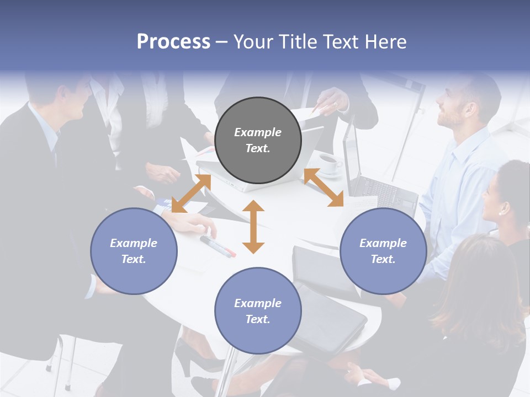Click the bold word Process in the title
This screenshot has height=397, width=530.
tap(173, 42)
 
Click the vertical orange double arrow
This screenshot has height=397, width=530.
tap(253, 227)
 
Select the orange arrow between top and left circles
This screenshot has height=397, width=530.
tap(191, 194)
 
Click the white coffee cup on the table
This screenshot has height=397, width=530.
tap(330, 163)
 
